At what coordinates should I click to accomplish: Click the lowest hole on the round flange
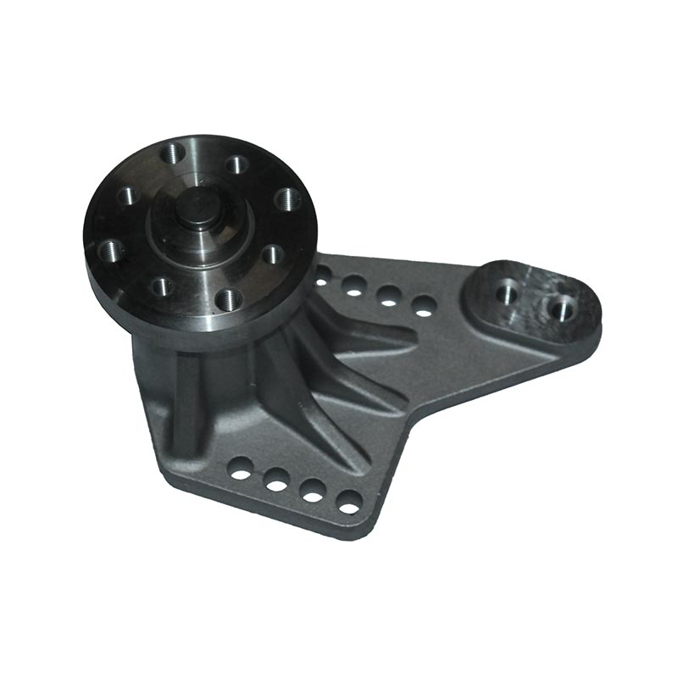[x=226, y=298]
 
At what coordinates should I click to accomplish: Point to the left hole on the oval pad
[x=507, y=292]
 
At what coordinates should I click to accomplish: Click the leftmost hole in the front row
[x=242, y=465]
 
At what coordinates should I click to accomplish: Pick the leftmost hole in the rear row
[x=323, y=275]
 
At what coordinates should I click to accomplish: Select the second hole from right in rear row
[x=389, y=296]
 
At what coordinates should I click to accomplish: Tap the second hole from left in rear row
[x=354, y=286]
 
